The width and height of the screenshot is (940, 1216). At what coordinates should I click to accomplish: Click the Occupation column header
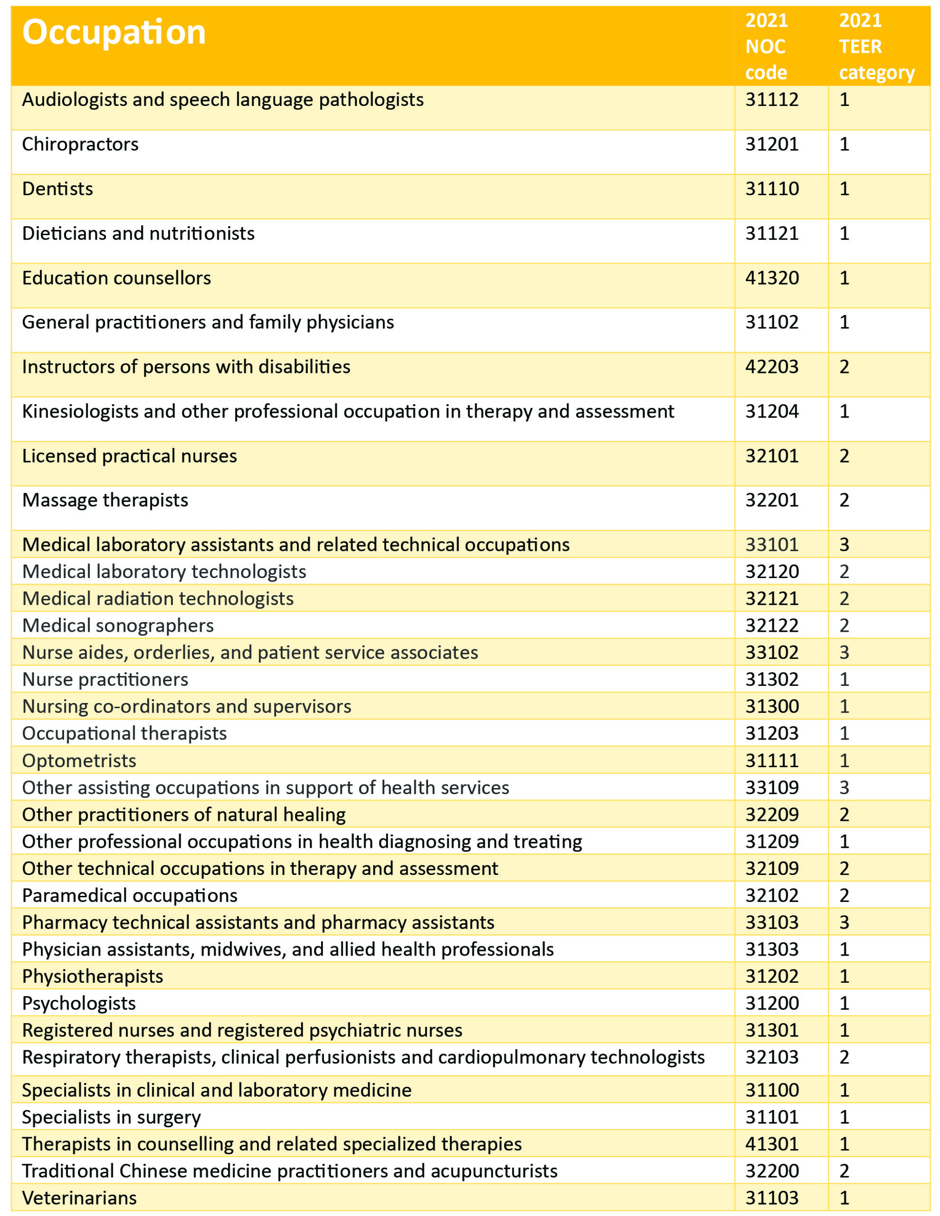pos(114,32)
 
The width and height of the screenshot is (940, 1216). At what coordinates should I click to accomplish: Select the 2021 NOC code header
pos(766,47)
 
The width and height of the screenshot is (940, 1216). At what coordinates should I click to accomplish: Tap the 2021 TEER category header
pos(876,47)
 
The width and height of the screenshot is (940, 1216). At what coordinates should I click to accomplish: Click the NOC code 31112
pos(772,100)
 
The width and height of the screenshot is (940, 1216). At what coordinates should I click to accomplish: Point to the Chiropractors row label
pos(80,144)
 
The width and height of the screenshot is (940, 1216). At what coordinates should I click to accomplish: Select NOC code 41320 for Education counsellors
pos(772,278)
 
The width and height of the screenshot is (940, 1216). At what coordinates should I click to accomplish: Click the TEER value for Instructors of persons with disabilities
pos(844,367)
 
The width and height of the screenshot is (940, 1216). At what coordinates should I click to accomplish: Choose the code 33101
pos(772,544)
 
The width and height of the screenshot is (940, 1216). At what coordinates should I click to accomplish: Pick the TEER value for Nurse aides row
pos(844,653)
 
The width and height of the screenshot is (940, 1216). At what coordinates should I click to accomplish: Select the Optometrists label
pos(79,760)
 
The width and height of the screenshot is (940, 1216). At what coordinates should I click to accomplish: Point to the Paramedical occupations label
pos(130,895)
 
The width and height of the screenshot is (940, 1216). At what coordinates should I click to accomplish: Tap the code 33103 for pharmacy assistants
pos(772,922)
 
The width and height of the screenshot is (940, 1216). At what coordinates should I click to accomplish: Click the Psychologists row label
pos(78,1003)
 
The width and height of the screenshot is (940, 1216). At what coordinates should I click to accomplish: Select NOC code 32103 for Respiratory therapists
pos(772,1057)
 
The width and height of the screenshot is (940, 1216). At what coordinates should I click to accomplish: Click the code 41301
pos(772,1144)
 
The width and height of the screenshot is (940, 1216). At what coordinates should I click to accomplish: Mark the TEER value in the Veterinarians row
pos(844,1198)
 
